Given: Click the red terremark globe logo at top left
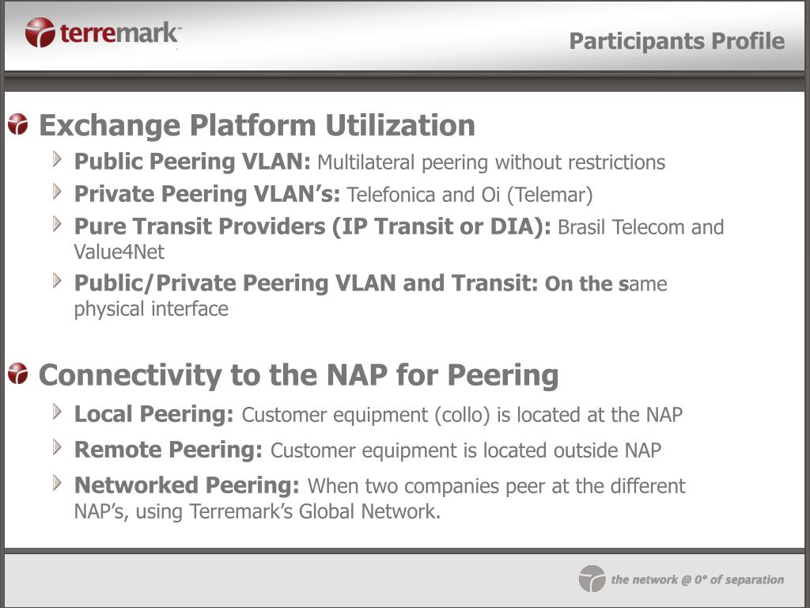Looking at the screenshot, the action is click(x=40, y=32).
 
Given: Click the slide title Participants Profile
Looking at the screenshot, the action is click(x=677, y=41).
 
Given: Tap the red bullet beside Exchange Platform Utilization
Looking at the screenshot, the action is click(x=18, y=124).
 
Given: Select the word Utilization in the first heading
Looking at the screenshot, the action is click(x=400, y=125).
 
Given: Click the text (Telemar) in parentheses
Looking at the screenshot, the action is click(x=550, y=195).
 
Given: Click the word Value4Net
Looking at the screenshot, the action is click(x=119, y=252).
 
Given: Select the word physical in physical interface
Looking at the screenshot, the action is click(x=109, y=310).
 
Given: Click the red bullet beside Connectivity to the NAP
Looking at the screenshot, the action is click(x=18, y=374).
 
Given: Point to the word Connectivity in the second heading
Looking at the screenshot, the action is click(x=131, y=374).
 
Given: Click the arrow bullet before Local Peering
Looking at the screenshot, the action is click(x=57, y=412).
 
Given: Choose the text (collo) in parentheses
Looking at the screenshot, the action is click(x=462, y=415).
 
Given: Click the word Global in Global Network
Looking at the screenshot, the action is click(x=327, y=511).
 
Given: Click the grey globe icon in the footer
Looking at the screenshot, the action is click(x=592, y=579).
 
